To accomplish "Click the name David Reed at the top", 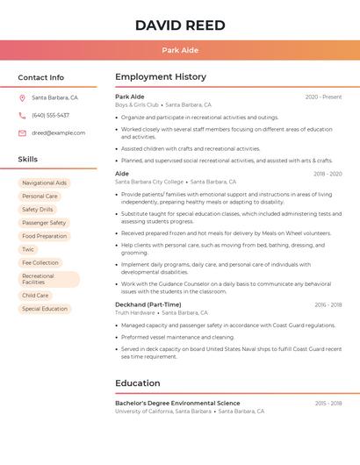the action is [180, 25].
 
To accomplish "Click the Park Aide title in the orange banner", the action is [180, 51].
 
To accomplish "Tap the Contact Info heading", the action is [41, 77].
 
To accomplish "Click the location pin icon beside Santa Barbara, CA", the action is [22, 97].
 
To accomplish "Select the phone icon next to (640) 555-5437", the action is [22, 115].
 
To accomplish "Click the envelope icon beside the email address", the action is [22, 132].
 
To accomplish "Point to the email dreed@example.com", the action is [59, 132].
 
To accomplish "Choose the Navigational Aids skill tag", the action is [44, 182].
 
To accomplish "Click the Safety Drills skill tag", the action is [38, 210].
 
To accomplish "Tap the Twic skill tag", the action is [28, 249].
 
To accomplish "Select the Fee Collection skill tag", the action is [40, 262].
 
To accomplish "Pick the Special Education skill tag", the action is [45, 309].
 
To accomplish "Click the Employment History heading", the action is [161, 77].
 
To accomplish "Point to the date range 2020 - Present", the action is [323, 97].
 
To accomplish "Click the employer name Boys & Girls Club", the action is [137, 104].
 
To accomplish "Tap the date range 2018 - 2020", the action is [328, 174].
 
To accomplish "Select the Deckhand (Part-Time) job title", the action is [148, 304].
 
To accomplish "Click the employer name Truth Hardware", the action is [135, 312].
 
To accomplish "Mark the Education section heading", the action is [138, 383].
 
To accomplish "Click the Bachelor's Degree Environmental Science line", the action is [177, 403].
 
